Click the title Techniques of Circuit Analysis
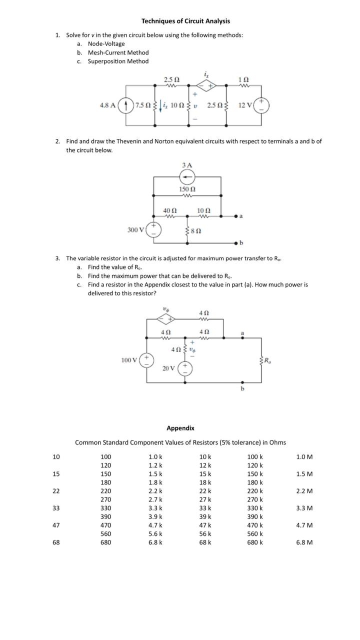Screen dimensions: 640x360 coord(185,21)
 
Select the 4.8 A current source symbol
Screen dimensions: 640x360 coord(127,105)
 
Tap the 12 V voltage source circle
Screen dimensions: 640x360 coord(262,105)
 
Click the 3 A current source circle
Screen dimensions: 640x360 coord(187,176)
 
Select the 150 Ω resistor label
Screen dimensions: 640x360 coord(187,189)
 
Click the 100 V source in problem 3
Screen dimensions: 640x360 coord(146,360)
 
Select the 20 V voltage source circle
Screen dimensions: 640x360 coord(185,368)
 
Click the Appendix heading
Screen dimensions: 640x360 coord(180,428)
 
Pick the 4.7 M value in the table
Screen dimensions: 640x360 coord(304,525)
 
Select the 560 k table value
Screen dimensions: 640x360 coord(255,533)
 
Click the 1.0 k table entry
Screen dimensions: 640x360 coord(155,457)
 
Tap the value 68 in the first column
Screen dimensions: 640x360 coord(56,542)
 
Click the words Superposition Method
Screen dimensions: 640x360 coord(118,61)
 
